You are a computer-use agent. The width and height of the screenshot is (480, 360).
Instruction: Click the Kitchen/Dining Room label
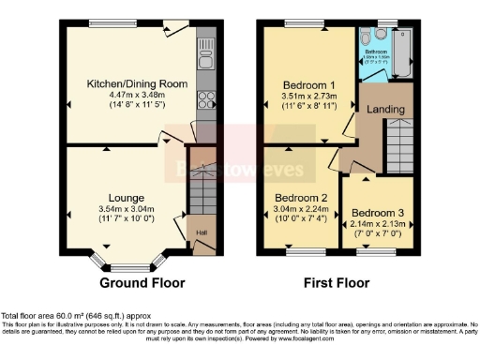click(x=137, y=83)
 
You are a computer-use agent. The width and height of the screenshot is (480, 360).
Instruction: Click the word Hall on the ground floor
click(x=201, y=233)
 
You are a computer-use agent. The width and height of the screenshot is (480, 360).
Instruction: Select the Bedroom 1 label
click(x=309, y=84)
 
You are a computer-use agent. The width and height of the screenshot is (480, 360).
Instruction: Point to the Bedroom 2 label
click(x=302, y=199)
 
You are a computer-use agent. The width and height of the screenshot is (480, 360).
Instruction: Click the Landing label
click(x=386, y=109)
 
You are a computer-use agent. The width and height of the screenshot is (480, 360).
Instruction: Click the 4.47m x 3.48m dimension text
click(x=137, y=96)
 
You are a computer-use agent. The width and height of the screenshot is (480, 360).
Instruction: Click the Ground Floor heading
click(x=142, y=282)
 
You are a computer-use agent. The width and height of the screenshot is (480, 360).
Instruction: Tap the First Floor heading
click(x=337, y=282)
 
